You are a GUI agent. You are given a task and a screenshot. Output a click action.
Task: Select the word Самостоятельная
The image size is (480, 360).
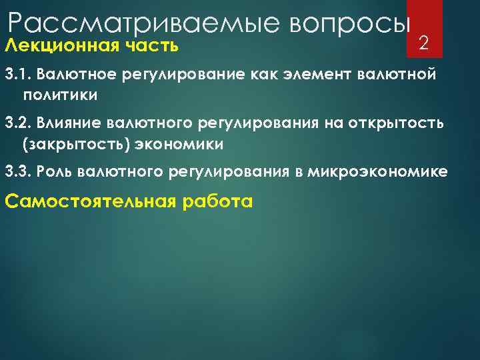pos(88,201)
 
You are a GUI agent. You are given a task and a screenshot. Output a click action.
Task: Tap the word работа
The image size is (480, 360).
pos(216,201)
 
